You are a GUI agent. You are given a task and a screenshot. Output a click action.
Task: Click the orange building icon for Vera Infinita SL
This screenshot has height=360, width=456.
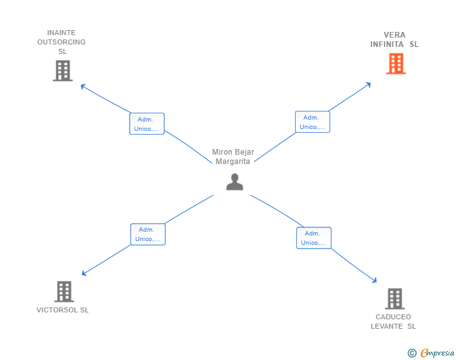pos(396,64)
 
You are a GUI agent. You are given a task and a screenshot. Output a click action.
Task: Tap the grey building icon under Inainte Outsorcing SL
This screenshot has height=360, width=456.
pos(63,71)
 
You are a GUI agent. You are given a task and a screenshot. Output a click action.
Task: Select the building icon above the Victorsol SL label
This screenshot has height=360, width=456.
pos(64,291)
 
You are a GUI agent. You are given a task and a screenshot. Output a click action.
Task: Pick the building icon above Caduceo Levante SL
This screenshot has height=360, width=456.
pos(394,299)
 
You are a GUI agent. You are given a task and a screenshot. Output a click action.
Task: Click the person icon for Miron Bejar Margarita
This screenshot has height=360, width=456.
pos(234,182)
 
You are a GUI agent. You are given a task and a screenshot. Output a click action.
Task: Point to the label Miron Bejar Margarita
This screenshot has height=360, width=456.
pos(233,157)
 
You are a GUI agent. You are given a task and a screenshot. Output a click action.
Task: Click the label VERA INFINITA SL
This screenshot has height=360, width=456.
pos(394,39)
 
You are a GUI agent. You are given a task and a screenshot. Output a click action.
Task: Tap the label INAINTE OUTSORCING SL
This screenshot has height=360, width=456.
pos(61,42)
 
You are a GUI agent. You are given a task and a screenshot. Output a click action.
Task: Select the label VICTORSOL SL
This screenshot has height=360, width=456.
pos(63,310)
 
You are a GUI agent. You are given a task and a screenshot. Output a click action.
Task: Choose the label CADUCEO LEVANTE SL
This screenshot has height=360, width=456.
pos(393,321)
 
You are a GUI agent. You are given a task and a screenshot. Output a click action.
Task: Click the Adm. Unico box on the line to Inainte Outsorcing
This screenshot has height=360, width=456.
pos(147,124)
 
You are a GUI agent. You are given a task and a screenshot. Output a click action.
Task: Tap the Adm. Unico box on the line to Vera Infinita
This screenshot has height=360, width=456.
pos(312,122)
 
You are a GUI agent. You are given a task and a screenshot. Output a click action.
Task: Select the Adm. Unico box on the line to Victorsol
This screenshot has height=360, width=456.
pos(148,234)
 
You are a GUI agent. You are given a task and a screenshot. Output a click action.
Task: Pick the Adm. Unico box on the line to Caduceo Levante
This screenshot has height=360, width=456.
pos(313,238)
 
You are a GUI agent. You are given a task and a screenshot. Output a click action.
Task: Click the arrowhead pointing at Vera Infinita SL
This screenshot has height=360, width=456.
pos(370,83)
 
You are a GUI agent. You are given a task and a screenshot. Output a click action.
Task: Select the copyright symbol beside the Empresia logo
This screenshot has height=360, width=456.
pos(412,353)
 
